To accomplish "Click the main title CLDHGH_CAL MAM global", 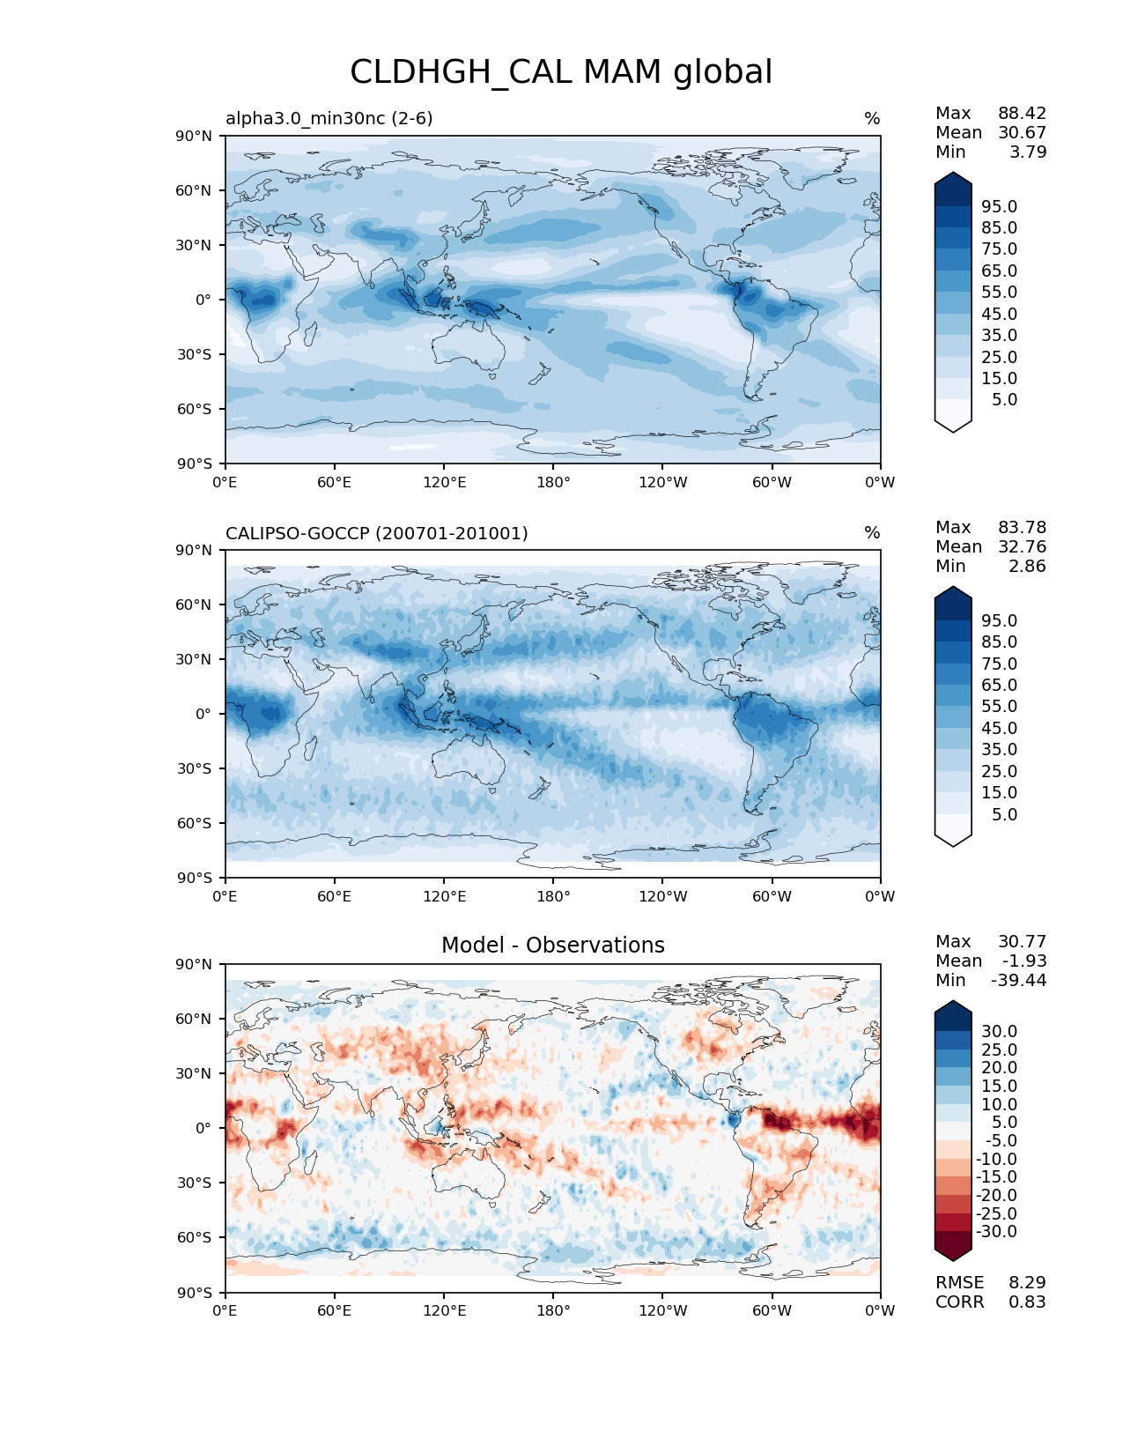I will click(561, 72).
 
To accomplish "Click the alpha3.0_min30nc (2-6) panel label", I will click(329, 118).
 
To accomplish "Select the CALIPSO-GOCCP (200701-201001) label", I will click(376, 533).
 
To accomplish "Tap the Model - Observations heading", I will click(552, 946).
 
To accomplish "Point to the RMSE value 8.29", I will click(1027, 1282).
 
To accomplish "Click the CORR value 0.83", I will click(1027, 1302).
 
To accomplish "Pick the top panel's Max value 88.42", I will click(1022, 113).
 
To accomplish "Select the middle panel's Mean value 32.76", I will click(1022, 546).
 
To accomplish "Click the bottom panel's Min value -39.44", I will click(1018, 980).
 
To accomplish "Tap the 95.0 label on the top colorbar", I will click(999, 206).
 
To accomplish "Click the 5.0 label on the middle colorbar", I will click(1004, 814).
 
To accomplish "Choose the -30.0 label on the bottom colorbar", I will click(996, 1231).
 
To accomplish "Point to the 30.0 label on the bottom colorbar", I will click(999, 1031).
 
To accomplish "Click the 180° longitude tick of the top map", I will click(553, 482).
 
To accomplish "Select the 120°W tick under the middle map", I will click(662, 896).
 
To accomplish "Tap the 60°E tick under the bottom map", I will click(335, 1310).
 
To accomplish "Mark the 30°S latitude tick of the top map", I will click(195, 354).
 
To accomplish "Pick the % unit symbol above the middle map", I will click(872, 533).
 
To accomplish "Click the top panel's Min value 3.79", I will click(1028, 152).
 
